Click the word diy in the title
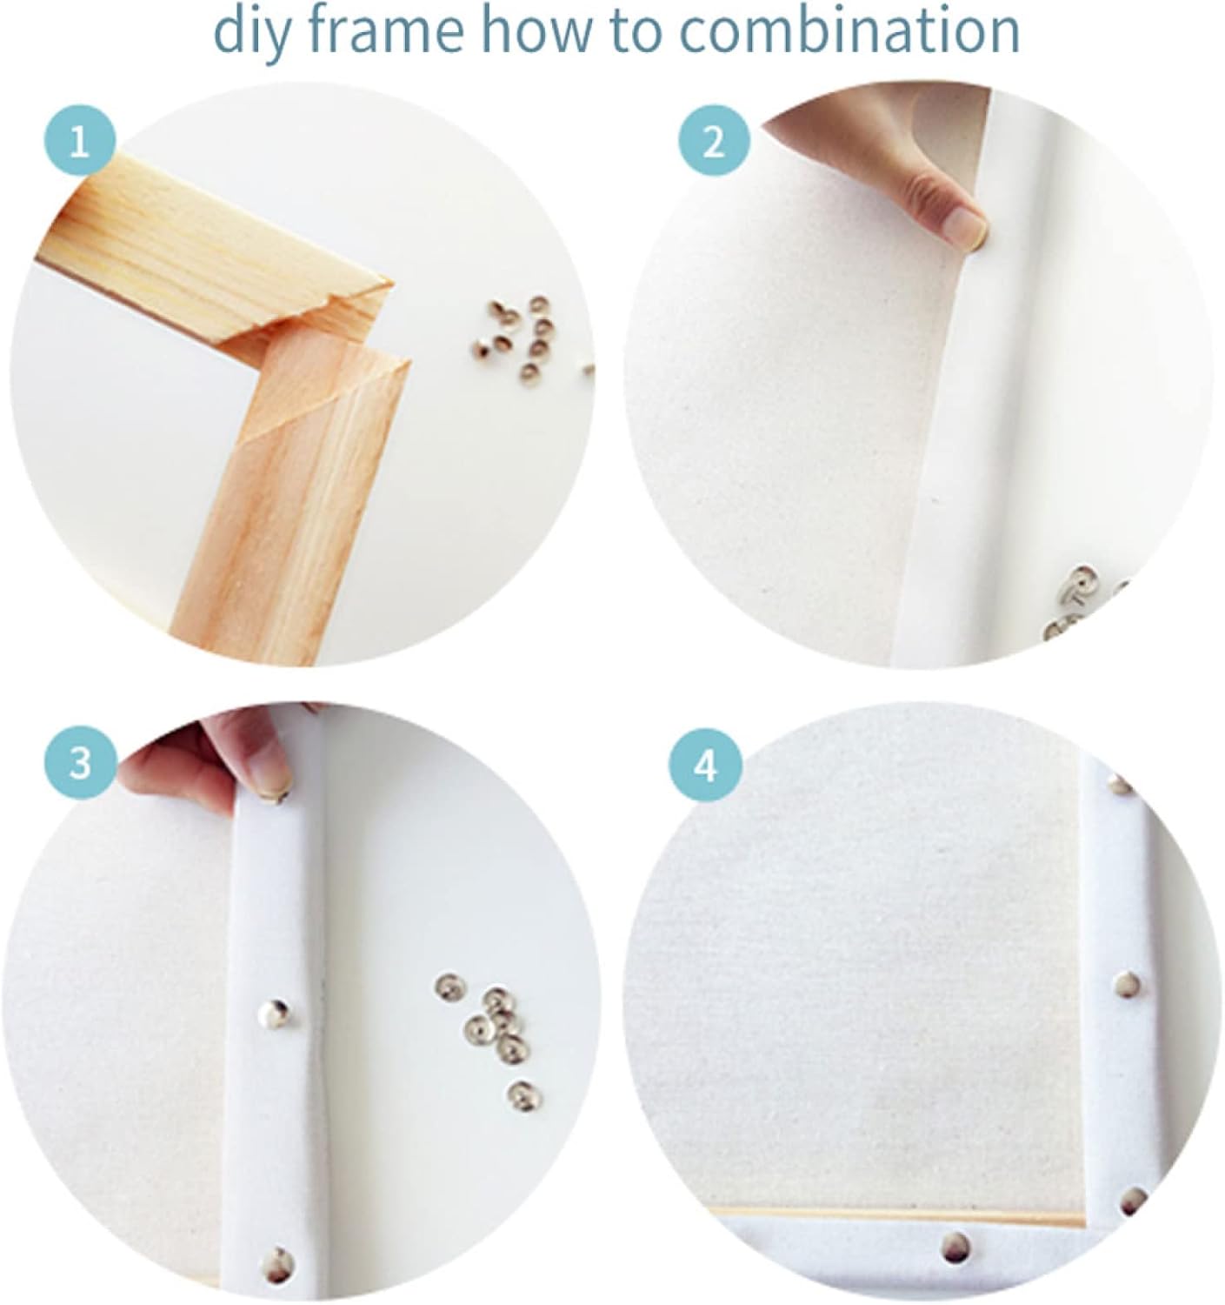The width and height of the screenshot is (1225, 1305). point(251,34)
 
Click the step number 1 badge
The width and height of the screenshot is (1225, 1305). point(79,141)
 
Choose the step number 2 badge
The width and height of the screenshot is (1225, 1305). point(714,141)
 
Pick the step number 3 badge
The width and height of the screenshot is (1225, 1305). point(81,764)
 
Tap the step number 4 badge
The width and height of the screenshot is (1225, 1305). point(705,766)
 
